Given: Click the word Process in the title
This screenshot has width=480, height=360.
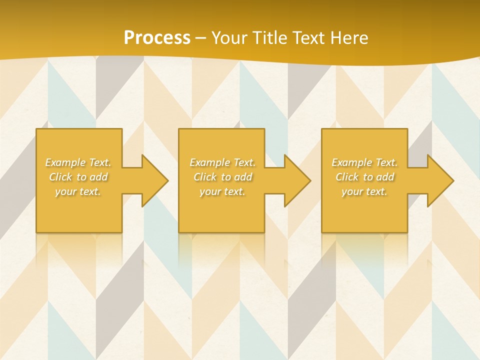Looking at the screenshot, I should (x=157, y=38).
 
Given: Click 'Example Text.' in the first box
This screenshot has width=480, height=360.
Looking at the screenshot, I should (x=78, y=162).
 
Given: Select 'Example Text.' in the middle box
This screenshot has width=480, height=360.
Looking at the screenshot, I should (x=222, y=162).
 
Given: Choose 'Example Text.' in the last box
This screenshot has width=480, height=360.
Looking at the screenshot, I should (x=364, y=162).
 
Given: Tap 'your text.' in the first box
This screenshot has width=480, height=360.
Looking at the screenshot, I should (x=78, y=191).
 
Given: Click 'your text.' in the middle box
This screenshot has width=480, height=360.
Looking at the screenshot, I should (x=222, y=191).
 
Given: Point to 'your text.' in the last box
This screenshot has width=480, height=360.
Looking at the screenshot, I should (x=364, y=191).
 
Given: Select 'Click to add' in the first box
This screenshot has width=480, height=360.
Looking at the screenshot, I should (x=78, y=177).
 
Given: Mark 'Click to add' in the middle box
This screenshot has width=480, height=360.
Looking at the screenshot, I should (x=222, y=177).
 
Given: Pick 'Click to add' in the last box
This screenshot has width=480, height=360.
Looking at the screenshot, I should (x=364, y=177).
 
